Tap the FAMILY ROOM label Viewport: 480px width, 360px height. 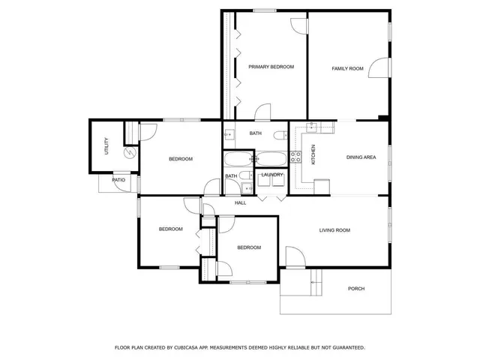347,68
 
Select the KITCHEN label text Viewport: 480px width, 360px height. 313,154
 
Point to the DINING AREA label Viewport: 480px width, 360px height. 361,157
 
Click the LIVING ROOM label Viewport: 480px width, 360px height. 335,230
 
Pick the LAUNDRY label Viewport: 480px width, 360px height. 272,175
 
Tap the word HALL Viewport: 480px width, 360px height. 240,203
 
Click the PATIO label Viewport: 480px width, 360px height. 118,180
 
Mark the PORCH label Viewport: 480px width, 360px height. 355,289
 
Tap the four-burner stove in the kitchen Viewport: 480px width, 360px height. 295,157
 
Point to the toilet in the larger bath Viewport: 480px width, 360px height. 278,135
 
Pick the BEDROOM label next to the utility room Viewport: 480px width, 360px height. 180,159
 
